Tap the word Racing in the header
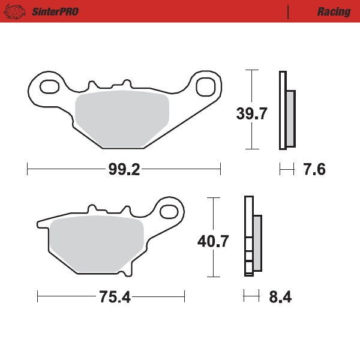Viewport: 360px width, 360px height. pos(334,11)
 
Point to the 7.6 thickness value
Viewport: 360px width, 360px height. pos(314,170)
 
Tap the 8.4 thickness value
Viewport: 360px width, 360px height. pos(280,297)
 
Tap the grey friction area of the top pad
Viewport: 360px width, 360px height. pos(122,119)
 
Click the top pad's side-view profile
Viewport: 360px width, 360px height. pos(286,110)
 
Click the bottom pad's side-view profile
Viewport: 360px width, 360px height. pos(252,237)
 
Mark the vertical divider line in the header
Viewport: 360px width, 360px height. pos(289,11)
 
